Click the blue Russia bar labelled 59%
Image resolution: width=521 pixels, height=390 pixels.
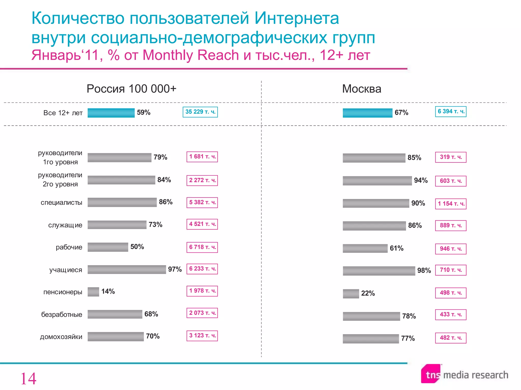pyautogui.click(x=111, y=113)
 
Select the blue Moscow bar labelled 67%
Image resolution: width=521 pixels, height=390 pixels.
pyautogui.click(x=367, y=113)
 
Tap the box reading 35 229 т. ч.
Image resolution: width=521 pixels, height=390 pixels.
pyautogui.click(x=200, y=112)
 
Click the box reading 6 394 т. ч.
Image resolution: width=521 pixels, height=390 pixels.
pyautogui.click(x=451, y=111)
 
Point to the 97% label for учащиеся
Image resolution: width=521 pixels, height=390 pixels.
pyautogui.click(x=175, y=269)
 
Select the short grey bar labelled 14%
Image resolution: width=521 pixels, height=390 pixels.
pyautogui.click(x=93, y=292)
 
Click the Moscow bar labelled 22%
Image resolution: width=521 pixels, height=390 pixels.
pyautogui.click(x=351, y=294)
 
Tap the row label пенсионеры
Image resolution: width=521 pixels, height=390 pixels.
pyautogui.click(x=63, y=292)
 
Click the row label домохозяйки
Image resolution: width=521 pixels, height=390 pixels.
pyautogui.click(x=61, y=337)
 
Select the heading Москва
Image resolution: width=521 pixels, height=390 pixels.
pyautogui.click(x=361, y=89)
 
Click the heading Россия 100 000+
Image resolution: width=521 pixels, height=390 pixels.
pyautogui.click(x=131, y=89)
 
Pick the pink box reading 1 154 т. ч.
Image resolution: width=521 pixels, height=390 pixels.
pyautogui.click(x=451, y=204)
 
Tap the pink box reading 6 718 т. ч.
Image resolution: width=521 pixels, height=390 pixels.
pyautogui.click(x=202, y=247)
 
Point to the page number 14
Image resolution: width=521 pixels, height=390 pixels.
pyautogui.click(x=28, y=379)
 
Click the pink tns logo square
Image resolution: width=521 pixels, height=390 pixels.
pyautogui.click(x=431, y=374)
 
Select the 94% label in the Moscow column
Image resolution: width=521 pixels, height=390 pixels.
pyautogui.click(x=421, y=180)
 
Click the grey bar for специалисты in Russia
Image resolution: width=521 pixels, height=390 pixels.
pyautogui.click(x=122, y=202)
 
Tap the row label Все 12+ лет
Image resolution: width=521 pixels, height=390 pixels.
pyautogui.click(x=63, y=113)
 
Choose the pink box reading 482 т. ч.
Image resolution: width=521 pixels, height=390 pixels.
pyautogui.click(x=451, y=338)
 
